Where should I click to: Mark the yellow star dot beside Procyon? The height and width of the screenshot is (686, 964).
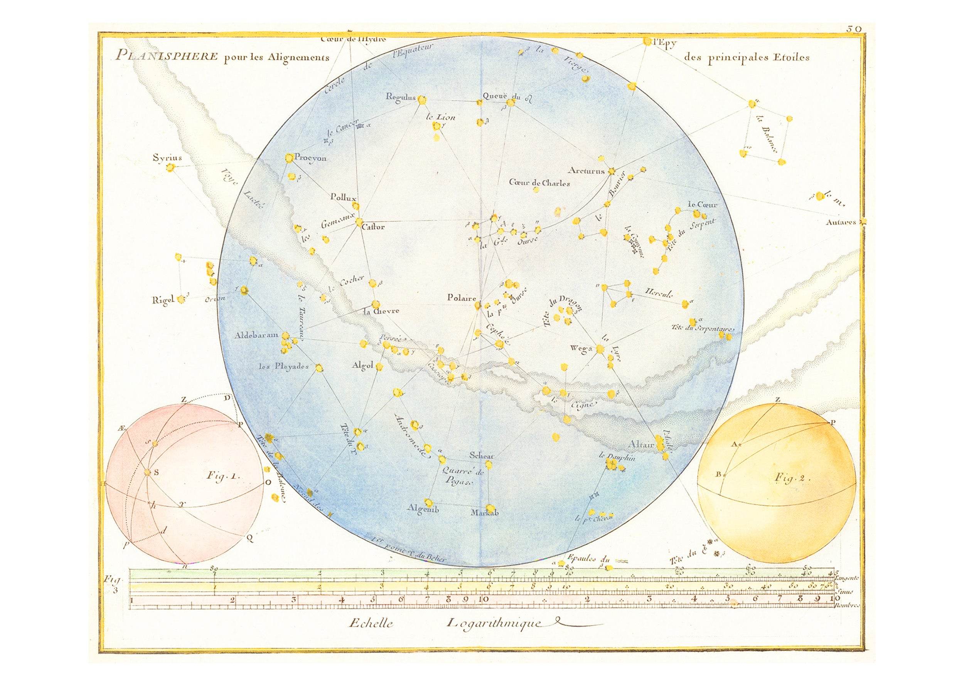[289, 158]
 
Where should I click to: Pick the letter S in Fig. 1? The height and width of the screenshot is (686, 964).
[157, 473]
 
